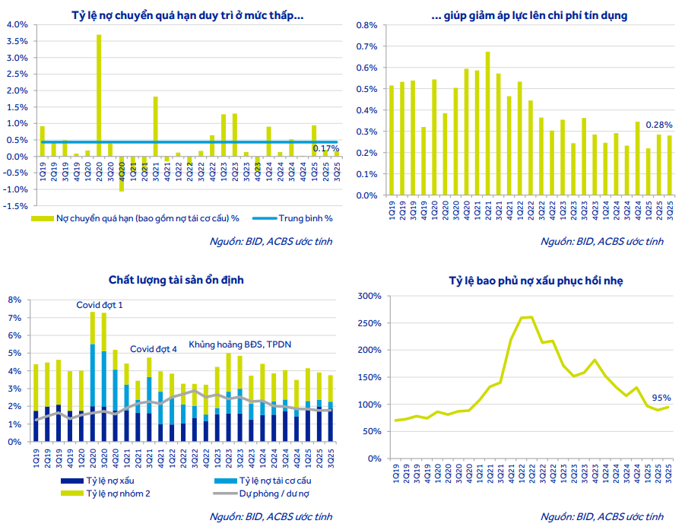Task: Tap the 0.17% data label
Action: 325,148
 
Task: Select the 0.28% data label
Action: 658,125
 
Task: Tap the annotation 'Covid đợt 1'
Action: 100,304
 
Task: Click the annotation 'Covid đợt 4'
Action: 154,348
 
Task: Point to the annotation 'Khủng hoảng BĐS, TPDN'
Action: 239,344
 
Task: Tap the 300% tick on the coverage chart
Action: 369,296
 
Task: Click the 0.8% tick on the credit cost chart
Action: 366,25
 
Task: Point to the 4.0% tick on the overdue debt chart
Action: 17,24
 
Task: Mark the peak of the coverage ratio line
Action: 529,316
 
